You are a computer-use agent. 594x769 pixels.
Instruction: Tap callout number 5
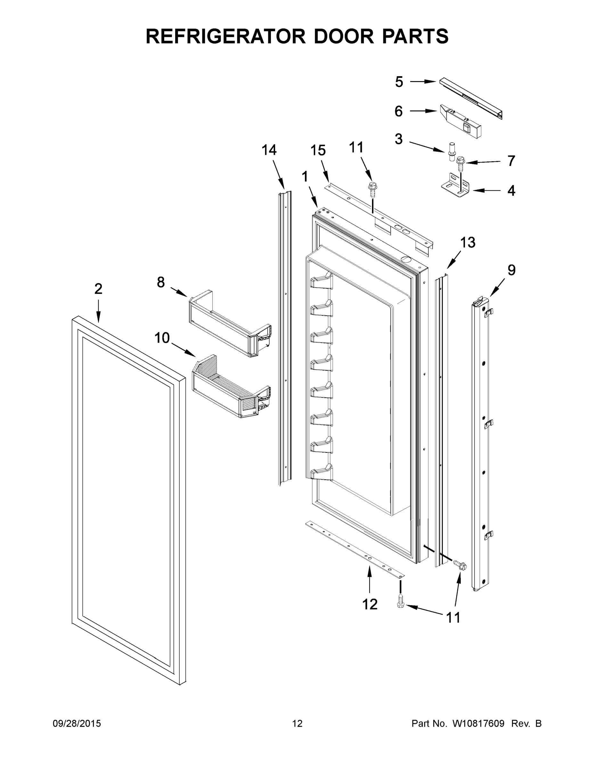399,82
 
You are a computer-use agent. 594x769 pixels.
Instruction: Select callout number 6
398,111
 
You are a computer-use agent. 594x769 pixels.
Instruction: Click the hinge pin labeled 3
451,152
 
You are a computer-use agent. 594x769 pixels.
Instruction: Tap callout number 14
269,150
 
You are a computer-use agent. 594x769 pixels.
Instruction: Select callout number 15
318,150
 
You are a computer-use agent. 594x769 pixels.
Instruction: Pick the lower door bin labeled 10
231,387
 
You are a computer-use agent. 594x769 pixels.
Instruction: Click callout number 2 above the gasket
98,289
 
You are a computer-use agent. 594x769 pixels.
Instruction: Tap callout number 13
468,242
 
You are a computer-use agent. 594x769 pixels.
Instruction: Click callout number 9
511,270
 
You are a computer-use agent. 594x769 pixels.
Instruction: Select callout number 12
370,604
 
